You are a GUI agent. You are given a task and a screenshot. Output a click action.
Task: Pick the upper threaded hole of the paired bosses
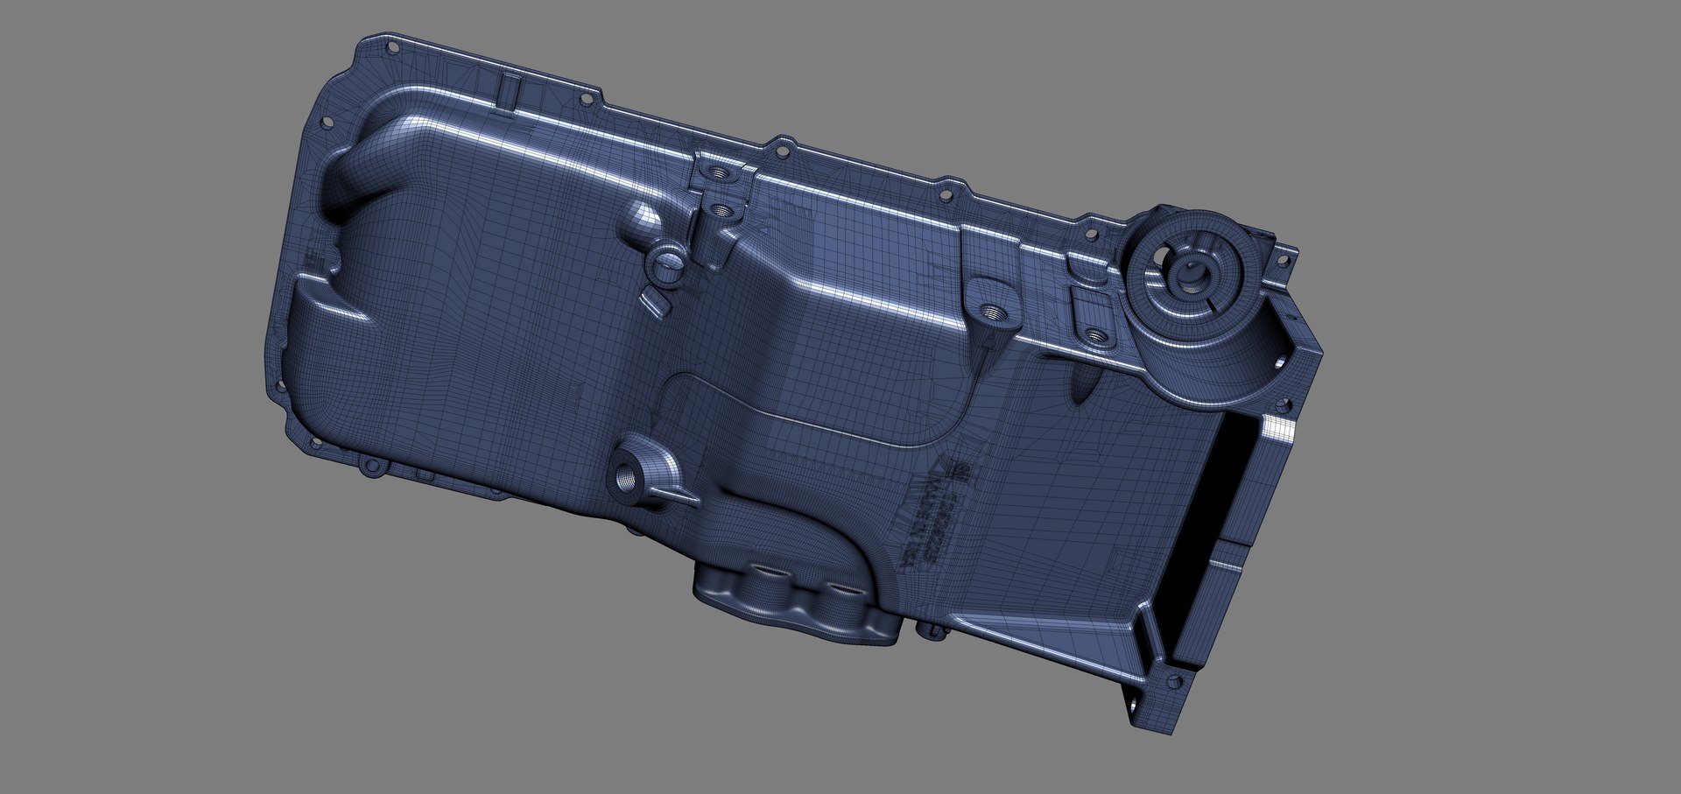720,172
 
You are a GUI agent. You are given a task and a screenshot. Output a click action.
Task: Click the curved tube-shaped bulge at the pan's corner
368,158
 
